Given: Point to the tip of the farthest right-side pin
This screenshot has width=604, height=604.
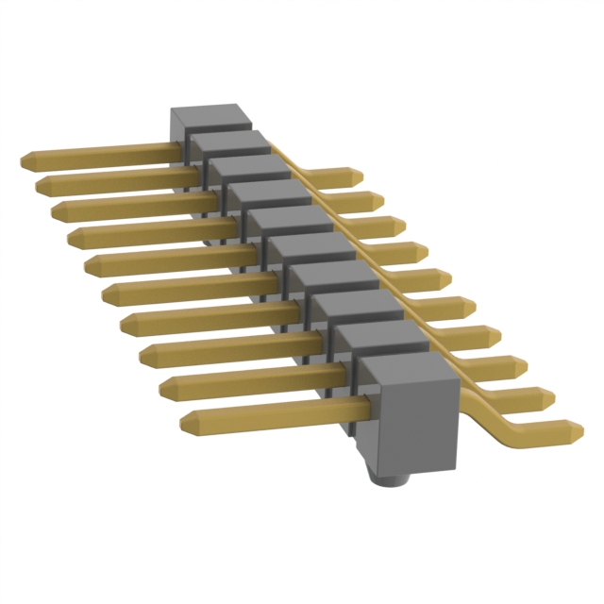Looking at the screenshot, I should click(x=358, y=176).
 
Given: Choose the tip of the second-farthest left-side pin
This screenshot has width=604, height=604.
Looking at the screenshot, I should click(x=40, y=185).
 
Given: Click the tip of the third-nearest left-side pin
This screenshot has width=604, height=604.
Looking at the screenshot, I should click(x=144, y=355).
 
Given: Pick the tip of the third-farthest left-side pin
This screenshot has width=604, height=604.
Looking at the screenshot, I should click(x=57, y=210).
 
